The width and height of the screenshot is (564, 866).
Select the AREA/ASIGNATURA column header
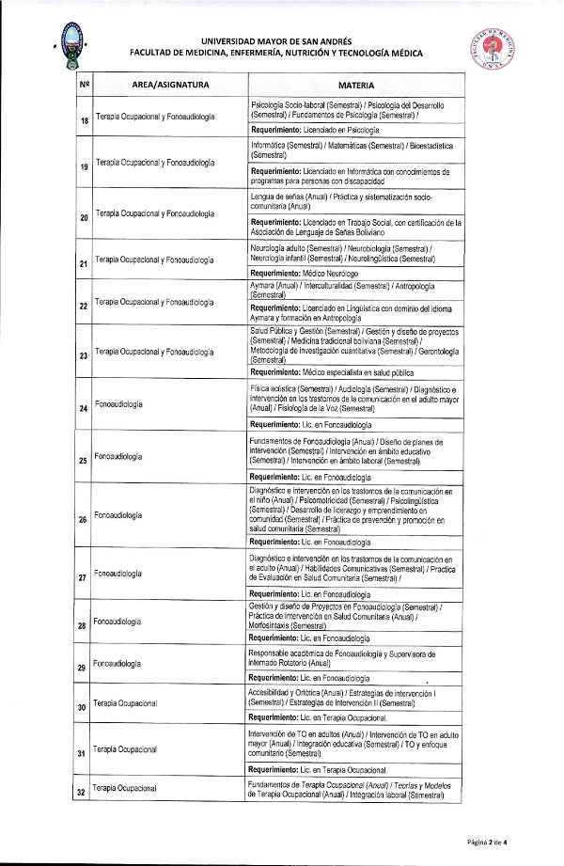coord(170,85)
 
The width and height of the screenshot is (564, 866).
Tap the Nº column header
coord(85,85)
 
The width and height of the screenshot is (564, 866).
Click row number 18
coord(85,120)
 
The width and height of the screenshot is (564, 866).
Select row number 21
coord(85,264)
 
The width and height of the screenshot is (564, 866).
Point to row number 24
coord(85,409)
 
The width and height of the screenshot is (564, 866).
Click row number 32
coord(85,793)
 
